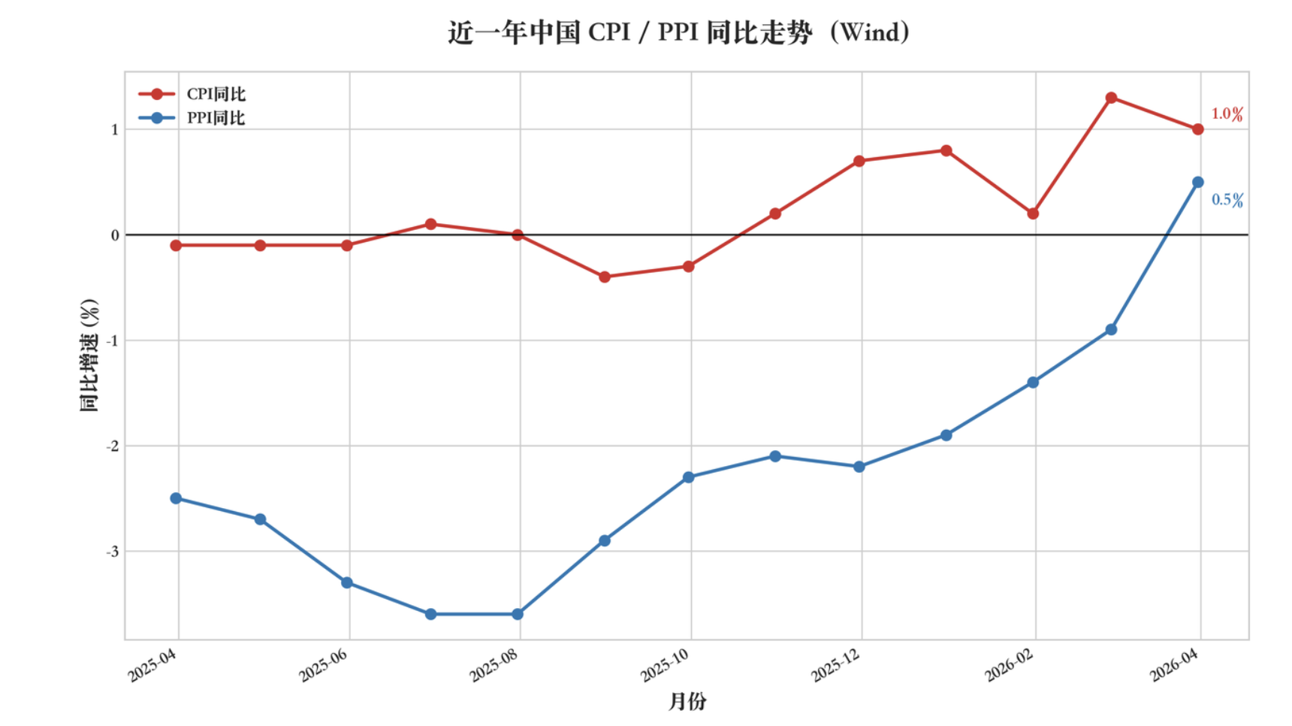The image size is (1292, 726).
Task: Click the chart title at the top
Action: point(678,33)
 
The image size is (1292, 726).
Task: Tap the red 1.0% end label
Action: point(1226,114)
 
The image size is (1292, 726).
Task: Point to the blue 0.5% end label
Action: point(1227,200)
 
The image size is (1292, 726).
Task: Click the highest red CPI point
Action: point(1111,98)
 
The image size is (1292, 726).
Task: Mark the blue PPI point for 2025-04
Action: point(176,498)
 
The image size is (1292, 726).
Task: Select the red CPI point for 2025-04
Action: point(176,246)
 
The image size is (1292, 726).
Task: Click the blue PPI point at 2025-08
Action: point(518,614)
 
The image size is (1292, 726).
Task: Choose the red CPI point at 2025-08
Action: point(518,235)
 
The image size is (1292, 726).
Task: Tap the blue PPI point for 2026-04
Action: point(1198,182)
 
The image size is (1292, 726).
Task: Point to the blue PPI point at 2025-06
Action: point(347,582)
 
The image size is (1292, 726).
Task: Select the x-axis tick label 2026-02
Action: point(1009,666)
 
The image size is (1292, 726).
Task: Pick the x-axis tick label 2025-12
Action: point(835,666)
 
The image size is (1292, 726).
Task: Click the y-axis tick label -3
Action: point(113,552)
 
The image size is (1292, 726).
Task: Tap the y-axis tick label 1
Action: point(115,129)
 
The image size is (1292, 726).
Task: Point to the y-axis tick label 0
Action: point(115,235)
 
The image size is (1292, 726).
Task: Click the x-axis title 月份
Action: point(687,702)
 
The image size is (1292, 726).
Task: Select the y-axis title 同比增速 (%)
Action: point(89,355)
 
